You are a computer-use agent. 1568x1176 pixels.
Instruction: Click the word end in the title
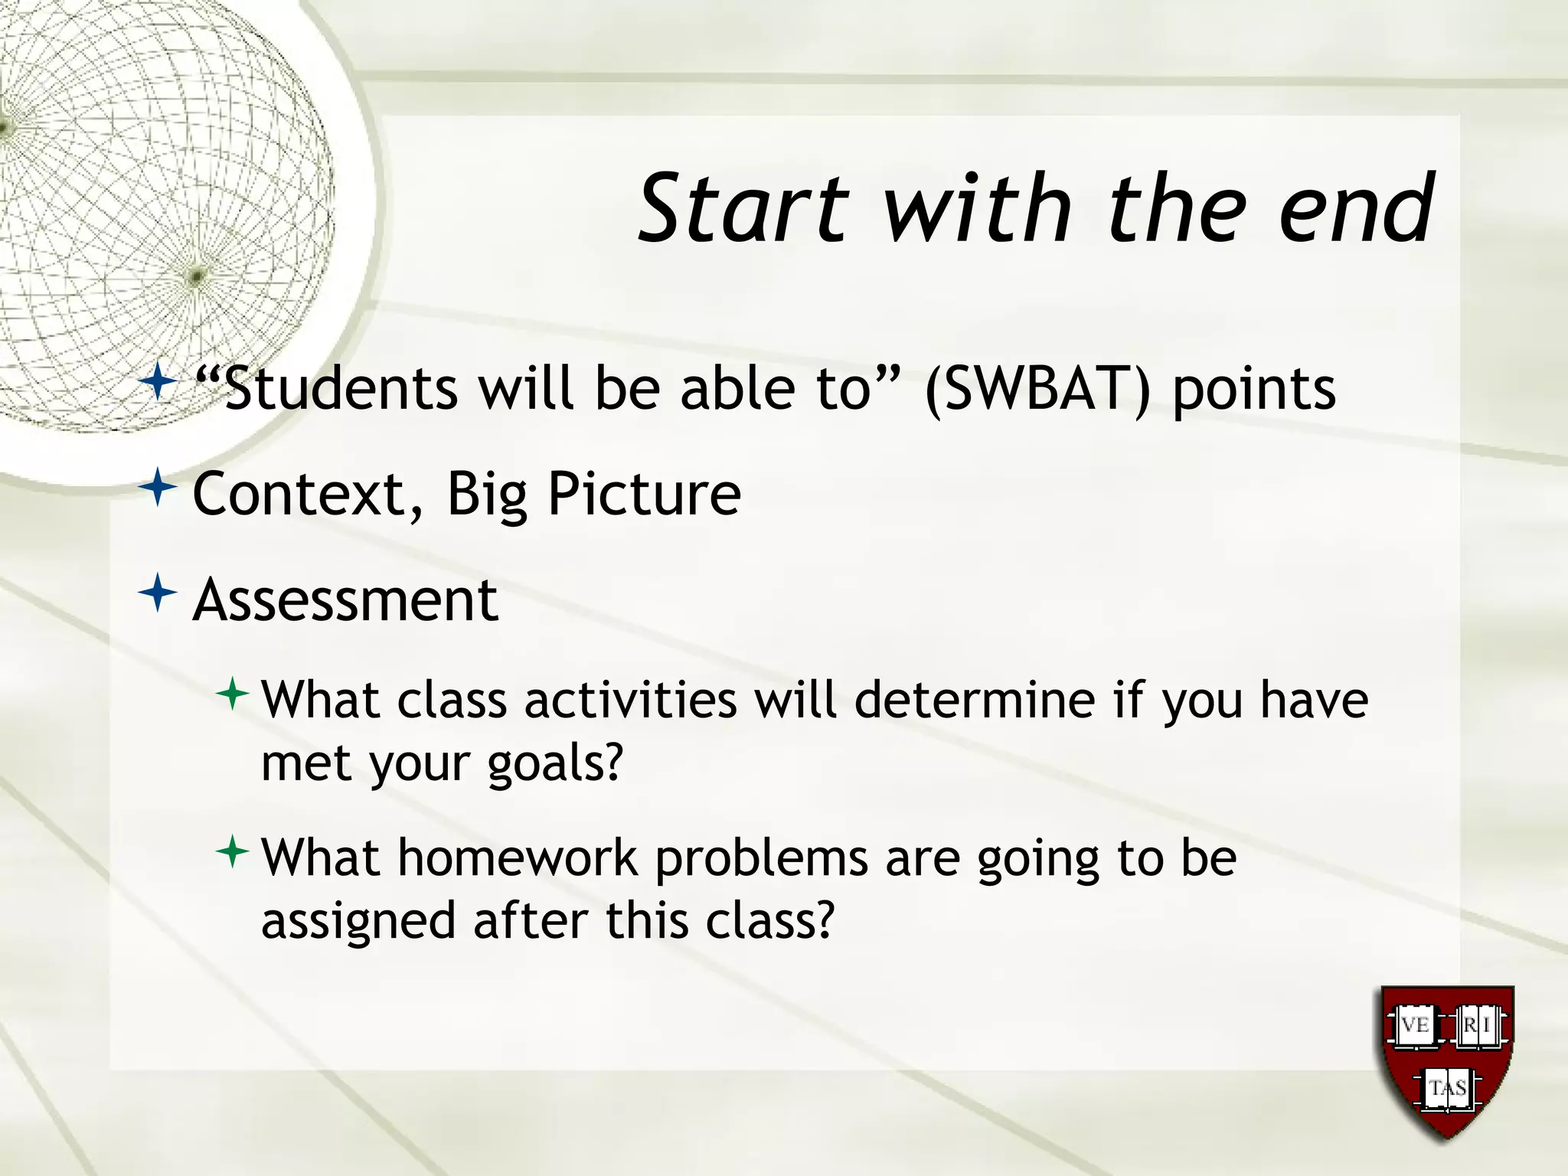1356,208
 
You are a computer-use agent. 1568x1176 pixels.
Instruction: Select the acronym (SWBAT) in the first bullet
1037,390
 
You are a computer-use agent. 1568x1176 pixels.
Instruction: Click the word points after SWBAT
1254,390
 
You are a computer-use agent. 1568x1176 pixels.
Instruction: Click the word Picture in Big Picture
644,495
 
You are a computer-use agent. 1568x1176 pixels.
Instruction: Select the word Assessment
345,600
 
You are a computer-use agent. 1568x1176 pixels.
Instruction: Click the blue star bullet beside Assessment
158,593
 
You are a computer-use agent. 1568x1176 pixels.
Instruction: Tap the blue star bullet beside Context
158,487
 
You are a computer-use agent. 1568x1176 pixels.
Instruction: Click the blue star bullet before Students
158,381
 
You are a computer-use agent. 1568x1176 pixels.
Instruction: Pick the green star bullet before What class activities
233,694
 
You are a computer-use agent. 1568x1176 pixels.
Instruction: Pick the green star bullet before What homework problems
233,851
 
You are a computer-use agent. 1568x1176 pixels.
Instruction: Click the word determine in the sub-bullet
974,700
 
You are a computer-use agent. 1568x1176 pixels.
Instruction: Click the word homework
518,857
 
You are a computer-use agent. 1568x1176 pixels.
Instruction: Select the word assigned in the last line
358,921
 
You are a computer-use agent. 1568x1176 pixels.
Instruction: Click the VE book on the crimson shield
1413,1024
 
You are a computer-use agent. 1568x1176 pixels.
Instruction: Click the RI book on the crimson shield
1479,1024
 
